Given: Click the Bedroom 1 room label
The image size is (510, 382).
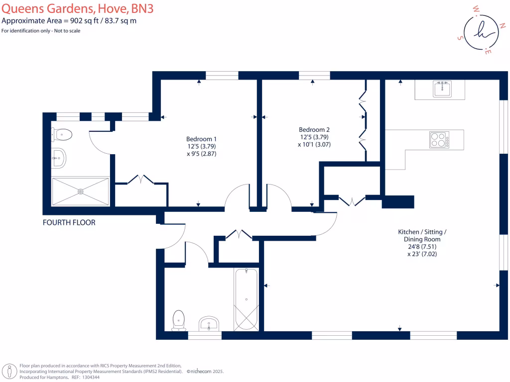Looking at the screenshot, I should pos(201,139).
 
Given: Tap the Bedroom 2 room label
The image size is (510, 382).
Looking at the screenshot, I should pos(314,129).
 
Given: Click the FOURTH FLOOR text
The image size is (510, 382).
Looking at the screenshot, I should pos(69,222).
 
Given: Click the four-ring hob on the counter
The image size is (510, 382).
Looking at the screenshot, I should pos(439,139).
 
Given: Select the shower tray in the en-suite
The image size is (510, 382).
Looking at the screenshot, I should pos(80,191).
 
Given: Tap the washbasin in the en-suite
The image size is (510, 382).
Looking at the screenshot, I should pos(58,158).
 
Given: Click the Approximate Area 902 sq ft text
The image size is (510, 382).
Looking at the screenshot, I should pos(69,21).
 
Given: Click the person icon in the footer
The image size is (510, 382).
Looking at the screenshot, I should pos(9,371).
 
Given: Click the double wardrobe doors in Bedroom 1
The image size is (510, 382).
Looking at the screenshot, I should pos(140,179).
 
